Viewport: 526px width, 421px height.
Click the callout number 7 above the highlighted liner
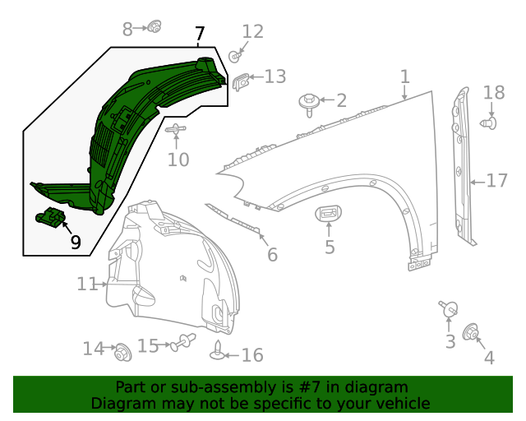(x=200, y=35)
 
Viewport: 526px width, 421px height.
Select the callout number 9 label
(x=76, y=242)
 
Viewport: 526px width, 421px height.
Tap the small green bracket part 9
(x=52, y=219)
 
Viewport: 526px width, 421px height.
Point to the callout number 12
(x=253, y=32)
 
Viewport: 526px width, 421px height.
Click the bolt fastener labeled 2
(x=308, y=103)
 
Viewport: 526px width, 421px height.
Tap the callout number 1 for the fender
(x=404, y=77)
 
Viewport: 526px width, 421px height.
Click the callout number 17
(x=497, y=180)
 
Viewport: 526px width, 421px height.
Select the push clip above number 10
(x=177, y=130)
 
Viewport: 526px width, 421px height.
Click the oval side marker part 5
(x=329, y=215)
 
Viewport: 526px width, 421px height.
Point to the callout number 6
(x=272, y=255)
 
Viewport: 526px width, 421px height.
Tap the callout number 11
(x=87, y=285)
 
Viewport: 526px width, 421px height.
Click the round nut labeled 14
(x=122, y=351)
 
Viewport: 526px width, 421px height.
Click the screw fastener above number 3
(x=449, y=309)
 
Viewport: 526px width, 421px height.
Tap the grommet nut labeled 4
(x=473, y=332)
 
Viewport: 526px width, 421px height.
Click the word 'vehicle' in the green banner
(x=400, y=404)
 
